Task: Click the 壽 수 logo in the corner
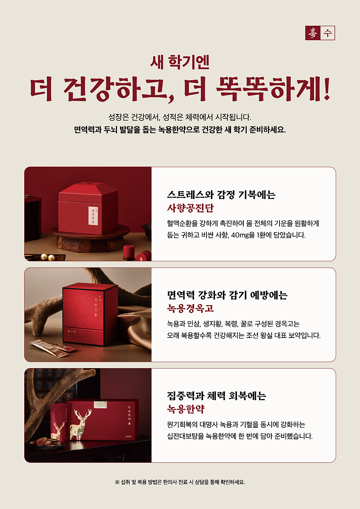pyautogui.click(x=320, y=33)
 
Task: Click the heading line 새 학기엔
pyautogui.click(x=180, y=62)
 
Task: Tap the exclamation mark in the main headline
pyautogui.click(x=326, y=89)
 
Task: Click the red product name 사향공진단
pyautogui.click(x=190, y=208)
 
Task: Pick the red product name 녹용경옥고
pyautogui.click(x=190, y=308)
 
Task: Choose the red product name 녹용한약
pyautogui.click(x=186, y=409)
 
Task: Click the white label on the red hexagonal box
pyautogui.click(x=93, y=216)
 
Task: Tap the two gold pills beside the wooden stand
pyautogui.click(x=48, y=257)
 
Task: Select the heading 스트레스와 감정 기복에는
pyautogui.click(x=221, y=195)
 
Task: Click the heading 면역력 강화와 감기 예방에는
pyautogui.click(x=227, y=295)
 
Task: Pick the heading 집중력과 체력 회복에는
pyautogui.click(x=217, y=396)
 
